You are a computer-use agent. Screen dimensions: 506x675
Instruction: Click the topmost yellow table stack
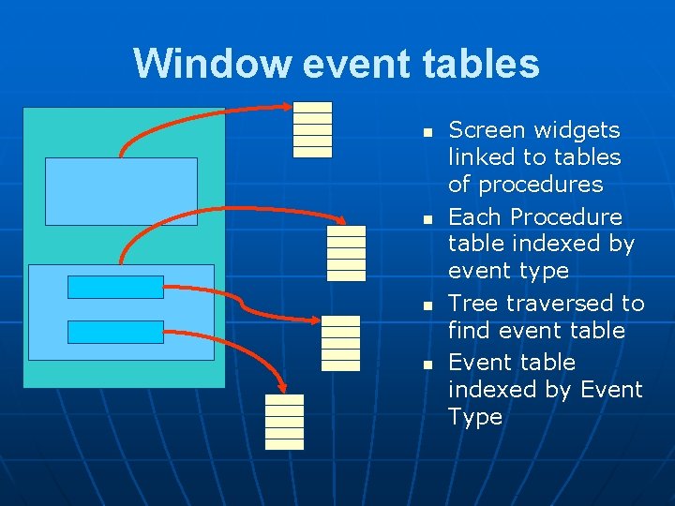(x=312, y=127)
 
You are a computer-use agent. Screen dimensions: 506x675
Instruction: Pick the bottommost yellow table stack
(x=284, y=422)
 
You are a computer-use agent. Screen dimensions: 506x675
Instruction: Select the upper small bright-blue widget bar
(x=115, y=287)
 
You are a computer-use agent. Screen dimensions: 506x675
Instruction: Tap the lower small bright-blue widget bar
(x=115, y=332)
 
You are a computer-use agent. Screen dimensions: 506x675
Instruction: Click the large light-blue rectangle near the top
(x=121, y=191)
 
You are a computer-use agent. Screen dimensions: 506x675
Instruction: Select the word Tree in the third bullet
(x=472, y=303)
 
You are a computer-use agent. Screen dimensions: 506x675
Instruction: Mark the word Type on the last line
(x=475, y=417)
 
